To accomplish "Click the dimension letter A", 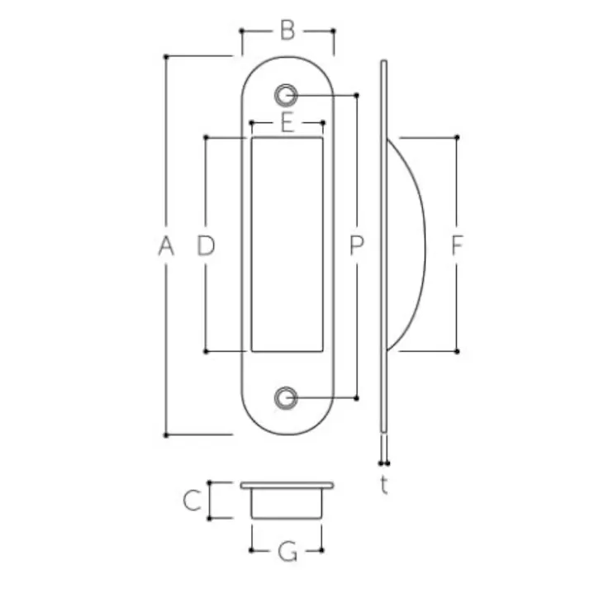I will [x=166, y=245].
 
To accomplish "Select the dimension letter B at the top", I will [x=287, y=31].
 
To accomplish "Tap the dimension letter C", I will [x=192, y=501].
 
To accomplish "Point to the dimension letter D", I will [x=206, y=245].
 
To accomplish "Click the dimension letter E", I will [x=287, y=123].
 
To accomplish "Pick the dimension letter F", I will [x=457, y=245].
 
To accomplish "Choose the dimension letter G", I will [x=287, y=551].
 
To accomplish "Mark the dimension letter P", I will [x=356, y=245].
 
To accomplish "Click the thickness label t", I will [x=384, y=486].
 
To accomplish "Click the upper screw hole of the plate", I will [x=287, y=95].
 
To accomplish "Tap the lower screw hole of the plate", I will [x=287, y=397].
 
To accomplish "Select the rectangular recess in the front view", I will [x=287, y=245].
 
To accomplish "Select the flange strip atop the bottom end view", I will [x=287, y=485].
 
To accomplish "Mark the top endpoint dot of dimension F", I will [x=457, y=137].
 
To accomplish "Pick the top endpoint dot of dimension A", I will [x=166, y=56].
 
